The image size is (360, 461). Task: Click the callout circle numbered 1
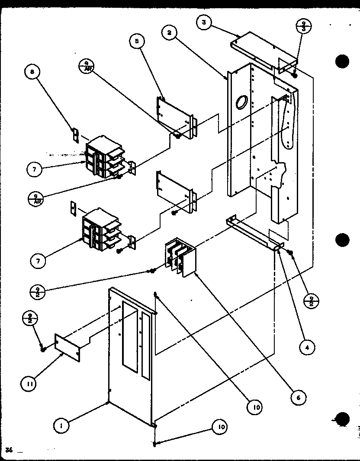click(x=62, y=426)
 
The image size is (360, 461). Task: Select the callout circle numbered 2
click(x=170, y=33)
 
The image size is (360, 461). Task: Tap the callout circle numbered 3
click(x=203, y=22)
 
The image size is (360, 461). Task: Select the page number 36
click(x=9, y=450)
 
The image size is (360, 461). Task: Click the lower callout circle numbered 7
click(x=39, y=260)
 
